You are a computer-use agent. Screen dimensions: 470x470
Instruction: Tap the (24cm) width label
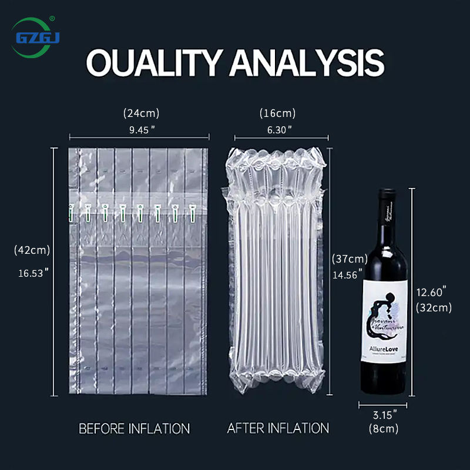coord(141,113)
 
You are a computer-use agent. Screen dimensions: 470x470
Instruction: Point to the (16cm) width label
coord(277,113)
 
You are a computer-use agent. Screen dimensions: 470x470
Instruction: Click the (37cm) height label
coord(350,258)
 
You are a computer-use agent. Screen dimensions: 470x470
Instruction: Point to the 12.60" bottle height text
coord(432,291)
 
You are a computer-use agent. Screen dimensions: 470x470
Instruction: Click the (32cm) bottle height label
coord(434,307)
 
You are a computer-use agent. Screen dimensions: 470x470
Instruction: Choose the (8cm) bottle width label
coord(384,429)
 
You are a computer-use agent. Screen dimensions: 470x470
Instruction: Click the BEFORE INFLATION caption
coord(135,428)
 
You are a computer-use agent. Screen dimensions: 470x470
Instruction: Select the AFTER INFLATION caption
coord(278,428)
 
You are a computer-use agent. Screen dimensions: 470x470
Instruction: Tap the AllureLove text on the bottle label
coord(385,348)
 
